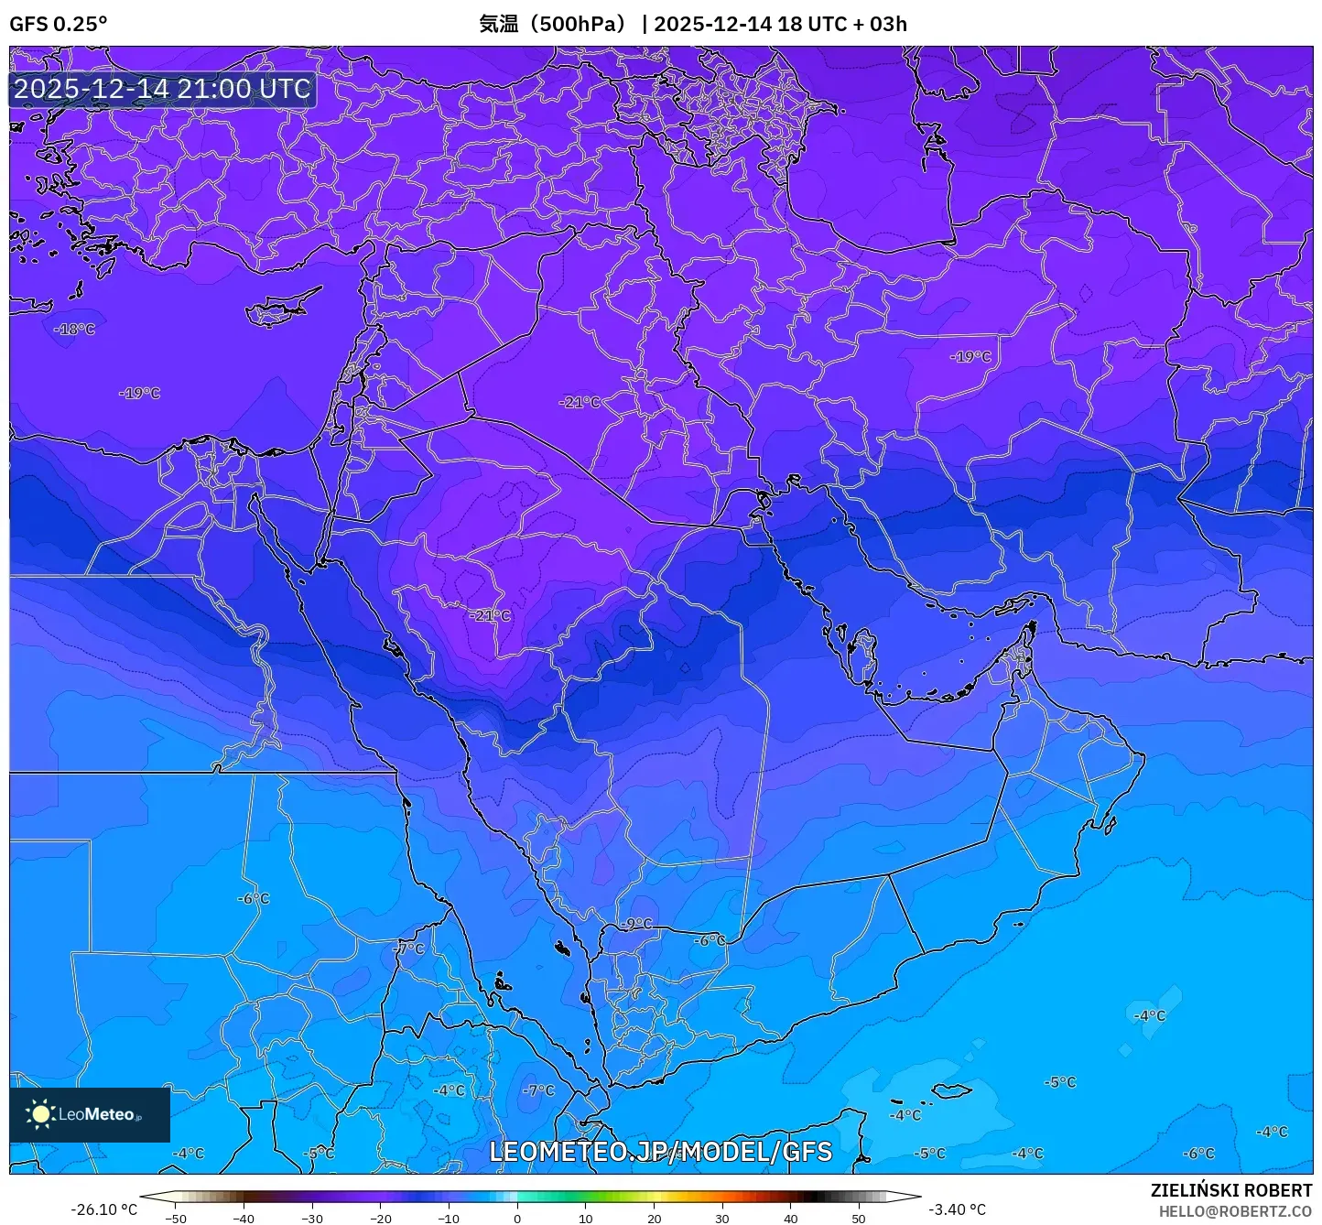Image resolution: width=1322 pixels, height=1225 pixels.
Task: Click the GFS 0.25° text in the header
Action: point(58,24)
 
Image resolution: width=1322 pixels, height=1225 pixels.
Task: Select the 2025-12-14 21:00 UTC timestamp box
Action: point(162,89)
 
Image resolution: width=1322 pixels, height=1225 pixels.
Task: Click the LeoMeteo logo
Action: point(90,1114)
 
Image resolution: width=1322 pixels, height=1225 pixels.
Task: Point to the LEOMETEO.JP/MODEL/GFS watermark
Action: point(660,1152)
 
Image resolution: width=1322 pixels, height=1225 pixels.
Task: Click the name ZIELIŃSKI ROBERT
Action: point(1230,1190)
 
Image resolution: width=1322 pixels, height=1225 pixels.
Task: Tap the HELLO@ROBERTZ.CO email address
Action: point(1235,1211)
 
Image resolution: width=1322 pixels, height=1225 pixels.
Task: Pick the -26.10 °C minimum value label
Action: point(103,1209)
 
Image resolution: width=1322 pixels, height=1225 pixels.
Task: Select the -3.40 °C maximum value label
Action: point(958,1209)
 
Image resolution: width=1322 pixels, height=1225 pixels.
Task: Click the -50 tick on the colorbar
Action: point(176,1219)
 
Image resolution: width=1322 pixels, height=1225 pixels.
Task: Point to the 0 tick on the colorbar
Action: point(517,1219)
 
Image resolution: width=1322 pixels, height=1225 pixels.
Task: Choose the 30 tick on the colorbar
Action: point(722,1219)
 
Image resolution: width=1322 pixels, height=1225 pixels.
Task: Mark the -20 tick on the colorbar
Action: point(381,1219)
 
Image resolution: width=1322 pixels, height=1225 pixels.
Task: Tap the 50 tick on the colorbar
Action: point(859,1219)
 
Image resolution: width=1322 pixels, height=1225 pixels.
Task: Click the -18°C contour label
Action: point(74,329)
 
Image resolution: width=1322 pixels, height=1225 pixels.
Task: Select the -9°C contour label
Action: point(637,924)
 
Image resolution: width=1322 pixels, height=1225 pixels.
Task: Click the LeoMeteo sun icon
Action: point(40,1114)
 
